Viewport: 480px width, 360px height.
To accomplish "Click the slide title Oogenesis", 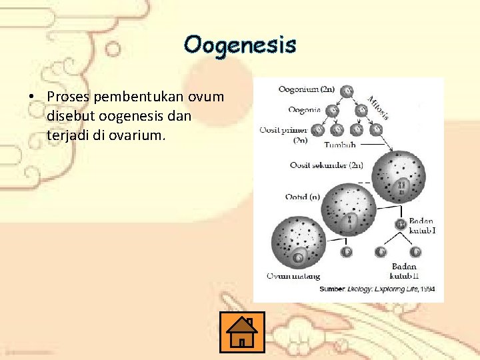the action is click(x=240, y=45).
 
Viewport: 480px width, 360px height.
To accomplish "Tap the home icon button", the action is click(x=241, y=332).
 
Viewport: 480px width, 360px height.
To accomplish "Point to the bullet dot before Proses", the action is click(x=31, y=97).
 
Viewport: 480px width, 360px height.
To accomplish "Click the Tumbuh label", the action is click(x=339, y=145).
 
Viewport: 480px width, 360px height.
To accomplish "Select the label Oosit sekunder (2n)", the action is click(x=327, y=165).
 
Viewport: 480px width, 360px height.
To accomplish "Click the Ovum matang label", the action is click(x=293, y=275).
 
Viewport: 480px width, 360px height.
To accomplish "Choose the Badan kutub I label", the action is click(x=421, y=225).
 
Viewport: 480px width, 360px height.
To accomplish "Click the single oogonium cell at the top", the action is click(x=348, y=91).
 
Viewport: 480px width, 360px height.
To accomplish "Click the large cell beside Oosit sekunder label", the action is click(x=401, y=177).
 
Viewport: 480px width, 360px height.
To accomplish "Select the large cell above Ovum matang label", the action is click(x=298, y=242).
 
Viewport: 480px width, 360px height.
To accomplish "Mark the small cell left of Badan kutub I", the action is click(x=401, y=225).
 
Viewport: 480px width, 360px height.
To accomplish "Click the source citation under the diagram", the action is click(x=377, y=289).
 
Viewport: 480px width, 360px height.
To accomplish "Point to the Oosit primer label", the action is click(x=283, y=134).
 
